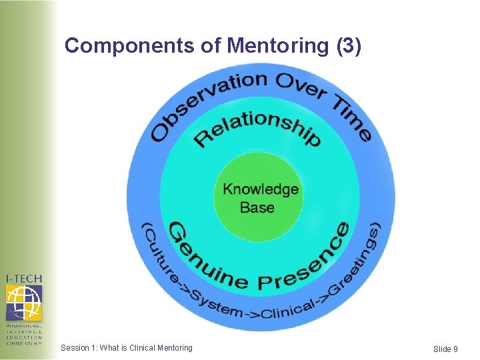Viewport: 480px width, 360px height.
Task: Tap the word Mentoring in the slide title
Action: tap(275, 46)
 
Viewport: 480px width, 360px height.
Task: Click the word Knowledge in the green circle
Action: tap(261, 189)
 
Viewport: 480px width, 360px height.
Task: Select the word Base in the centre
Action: tap(257, 207)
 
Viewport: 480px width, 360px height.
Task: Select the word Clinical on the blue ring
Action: tap(288, 309)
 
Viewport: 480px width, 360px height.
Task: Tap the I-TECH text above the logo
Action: tap(24, 279)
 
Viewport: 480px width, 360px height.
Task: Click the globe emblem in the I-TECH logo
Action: tap(23, 302)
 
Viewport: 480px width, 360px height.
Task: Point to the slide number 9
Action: tap(455, 349)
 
